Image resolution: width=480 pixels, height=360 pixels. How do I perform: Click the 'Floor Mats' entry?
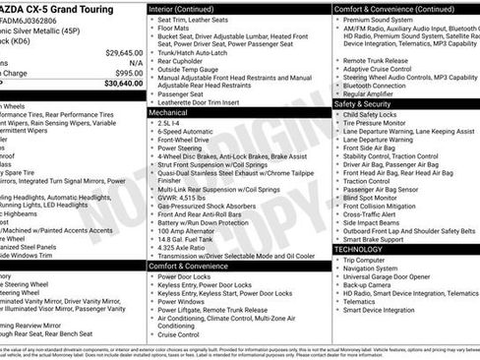pyautogui.click(x=177, y=30)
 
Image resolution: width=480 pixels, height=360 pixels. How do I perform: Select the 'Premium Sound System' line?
pyautogui.click(x=378, y=19)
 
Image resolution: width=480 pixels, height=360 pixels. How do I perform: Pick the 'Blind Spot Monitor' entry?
pyautogui.click(x=377, y=197)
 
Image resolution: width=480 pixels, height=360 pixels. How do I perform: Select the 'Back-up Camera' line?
pyautogui.click(x=370, y=284)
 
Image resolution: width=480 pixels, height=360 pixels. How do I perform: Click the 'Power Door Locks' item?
pyautogui.click(x=184, y=276)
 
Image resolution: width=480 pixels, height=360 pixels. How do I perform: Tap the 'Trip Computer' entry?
pyautogui.click(x=370, y=260)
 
